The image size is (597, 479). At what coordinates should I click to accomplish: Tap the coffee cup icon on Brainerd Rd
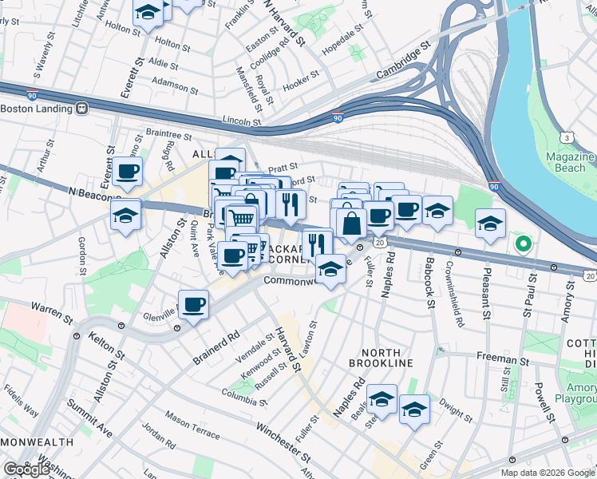pyautogui.click(x=194, y=304)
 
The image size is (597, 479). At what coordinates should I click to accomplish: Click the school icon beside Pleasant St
pyautogui.click(x=490, y=223)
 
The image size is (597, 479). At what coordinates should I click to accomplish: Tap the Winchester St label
pyautogui.click(x=283, y=441)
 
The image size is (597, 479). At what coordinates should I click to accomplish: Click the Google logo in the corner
pyautogui.click(x=26, y=469)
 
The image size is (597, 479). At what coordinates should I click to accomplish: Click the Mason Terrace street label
pyautogui.click(x=192, y=426)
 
